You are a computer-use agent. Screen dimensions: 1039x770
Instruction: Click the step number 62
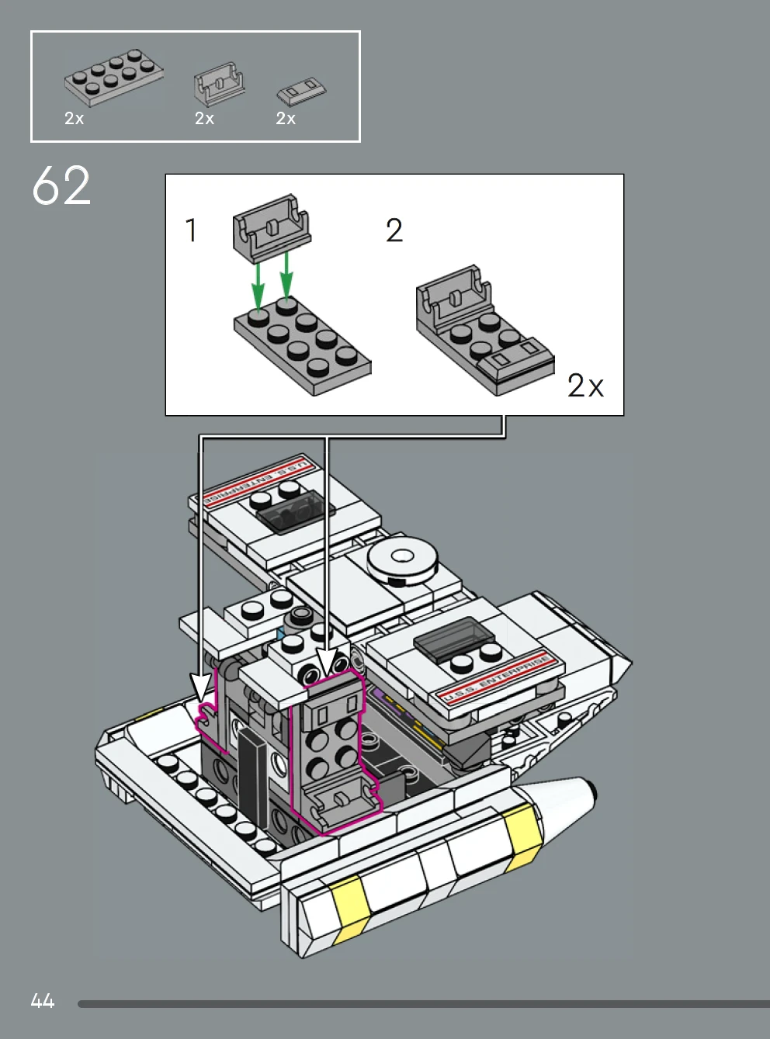coord(61,186)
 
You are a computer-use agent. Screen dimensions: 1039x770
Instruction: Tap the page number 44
coord(43,1001)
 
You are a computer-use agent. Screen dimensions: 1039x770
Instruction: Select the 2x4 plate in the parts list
coord(114,77)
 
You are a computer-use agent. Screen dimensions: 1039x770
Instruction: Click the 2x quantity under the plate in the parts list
coord(75,119)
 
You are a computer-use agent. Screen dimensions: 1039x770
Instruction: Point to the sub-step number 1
coord(191,230)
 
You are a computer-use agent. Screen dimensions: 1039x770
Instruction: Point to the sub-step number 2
coord(394,230)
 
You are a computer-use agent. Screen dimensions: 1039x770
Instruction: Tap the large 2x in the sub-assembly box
coord(585,386)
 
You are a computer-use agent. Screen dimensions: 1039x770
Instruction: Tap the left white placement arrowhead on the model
coord(201,686)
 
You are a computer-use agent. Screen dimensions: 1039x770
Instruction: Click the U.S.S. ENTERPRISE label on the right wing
coord(497,677)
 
